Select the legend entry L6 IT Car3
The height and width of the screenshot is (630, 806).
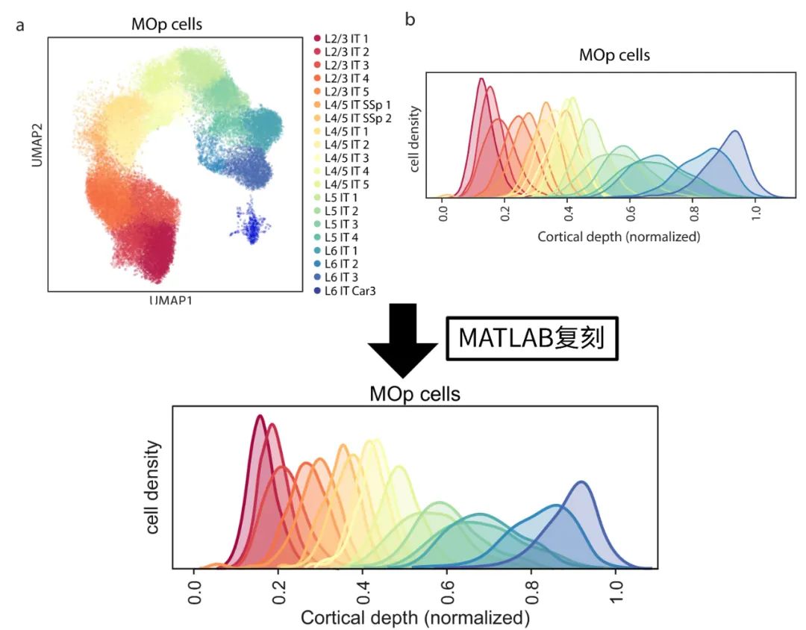click(x=348, y=290)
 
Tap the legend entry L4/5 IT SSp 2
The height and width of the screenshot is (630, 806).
click(x=352, y=117)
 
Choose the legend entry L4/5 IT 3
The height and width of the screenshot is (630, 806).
click(x=345, y=157)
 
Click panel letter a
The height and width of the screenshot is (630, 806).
click(x=20, y=25)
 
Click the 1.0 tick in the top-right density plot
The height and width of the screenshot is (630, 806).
click(x=755, y=214)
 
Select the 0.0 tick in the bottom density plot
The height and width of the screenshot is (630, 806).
click(x=195, y=589)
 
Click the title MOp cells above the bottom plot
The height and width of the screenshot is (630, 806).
click(x=415, y=393)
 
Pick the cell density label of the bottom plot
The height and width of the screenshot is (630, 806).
click(x=154, y=487)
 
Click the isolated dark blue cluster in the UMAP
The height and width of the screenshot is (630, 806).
click(x=252, y=222)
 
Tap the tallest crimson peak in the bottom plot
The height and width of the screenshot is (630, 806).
click(x=260, y=418)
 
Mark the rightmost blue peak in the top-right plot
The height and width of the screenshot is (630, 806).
click(x=736, y=133)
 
